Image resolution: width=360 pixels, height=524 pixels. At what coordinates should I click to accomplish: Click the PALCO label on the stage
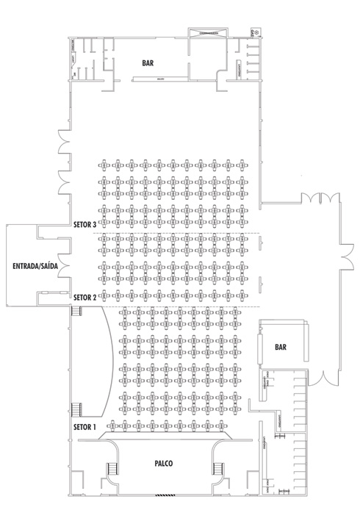pyautogui.click(x=164, y=464)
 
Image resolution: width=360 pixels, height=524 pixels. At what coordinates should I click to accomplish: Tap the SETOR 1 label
pyautogui.click(x=84, y=427)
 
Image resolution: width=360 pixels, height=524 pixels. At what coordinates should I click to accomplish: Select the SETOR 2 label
pyautogui.click(x=84, y=297)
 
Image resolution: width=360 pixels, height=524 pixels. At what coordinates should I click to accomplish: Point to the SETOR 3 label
pyautogui.click(x=84, y=225)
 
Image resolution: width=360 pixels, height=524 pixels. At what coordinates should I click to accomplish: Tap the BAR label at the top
pyautogui.click(x=148, y=63)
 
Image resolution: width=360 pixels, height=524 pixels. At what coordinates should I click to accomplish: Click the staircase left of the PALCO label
pyautogui.click(x=112, y=468)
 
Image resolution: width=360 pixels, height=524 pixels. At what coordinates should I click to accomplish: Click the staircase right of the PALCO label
pyautogui.click(x=217, y=468)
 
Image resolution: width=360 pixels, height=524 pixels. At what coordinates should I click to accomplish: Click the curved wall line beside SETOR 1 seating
pyautogui.click(x=109, y=360)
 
